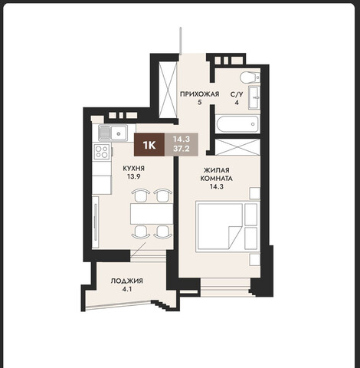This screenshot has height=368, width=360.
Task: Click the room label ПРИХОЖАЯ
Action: [199, 94]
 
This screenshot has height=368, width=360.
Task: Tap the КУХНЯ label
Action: [134, 169]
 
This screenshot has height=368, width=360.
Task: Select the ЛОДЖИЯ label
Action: [126, 281]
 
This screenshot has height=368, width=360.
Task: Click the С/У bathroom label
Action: [237, 94]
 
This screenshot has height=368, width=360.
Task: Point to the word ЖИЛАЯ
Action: [217, 170]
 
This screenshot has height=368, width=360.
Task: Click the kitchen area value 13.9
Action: [134, 176]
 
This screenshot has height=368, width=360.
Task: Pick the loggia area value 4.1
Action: [127, 289]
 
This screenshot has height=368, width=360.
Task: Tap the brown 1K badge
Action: [149, 145]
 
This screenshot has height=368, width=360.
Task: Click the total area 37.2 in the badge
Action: [182, 148]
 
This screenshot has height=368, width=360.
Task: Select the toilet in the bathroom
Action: [250, 77]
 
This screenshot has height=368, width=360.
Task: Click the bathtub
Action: [237, 124]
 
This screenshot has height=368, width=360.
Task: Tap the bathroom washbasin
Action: [254, 97]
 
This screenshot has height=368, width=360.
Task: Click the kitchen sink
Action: [113, 133]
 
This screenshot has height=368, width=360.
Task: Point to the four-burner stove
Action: [102, 152]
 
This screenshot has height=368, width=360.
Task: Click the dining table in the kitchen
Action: [152, 214]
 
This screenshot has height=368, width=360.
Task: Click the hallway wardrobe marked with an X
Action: [168, 90]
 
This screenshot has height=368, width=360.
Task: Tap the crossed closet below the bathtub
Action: [237, 147]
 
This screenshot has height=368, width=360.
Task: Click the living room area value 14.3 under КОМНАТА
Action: [216, 186]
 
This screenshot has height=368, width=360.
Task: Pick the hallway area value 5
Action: [199, 102]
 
